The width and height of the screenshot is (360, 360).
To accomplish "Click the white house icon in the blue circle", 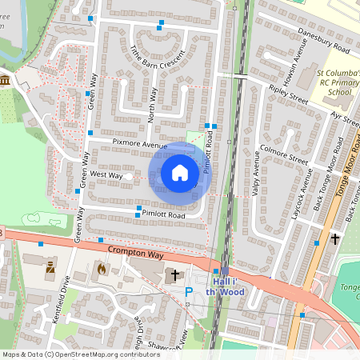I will [x=180, y=173].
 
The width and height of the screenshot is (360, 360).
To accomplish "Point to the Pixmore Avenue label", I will [x=139, y=146].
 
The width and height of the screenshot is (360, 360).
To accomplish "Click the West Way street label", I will [x=106, y=174].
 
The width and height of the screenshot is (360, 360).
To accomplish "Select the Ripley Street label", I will [x=288, y=95].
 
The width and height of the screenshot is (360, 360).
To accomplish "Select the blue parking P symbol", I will [x=189, y=293].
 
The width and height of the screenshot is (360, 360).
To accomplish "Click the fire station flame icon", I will [x=101, y=270].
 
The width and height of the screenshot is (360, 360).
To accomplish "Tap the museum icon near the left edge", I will [x=6, y=80].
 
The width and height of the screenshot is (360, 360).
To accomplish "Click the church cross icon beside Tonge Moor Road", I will [x=335, y=238].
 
